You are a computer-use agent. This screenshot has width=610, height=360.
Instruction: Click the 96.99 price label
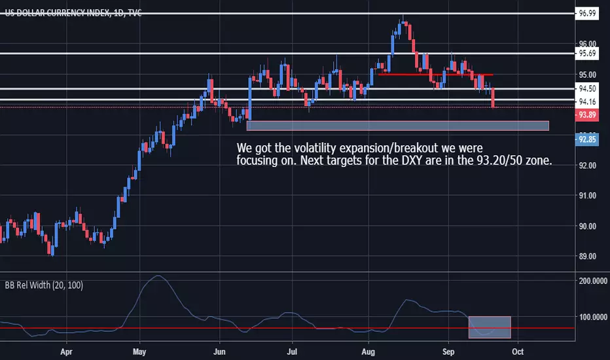tap(587, 14)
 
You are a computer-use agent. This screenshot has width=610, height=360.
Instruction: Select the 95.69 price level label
tap(587, 53)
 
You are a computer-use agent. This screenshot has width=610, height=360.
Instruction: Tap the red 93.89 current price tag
tap(587, 115)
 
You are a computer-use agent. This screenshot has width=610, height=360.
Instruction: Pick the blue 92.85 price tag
tap(587, 139)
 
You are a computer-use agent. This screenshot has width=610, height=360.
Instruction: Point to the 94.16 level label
tap(587, 102)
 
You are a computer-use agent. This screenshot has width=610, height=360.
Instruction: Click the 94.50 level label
tap(587, 89)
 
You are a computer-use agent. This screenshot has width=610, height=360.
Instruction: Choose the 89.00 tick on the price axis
tap(588, 257)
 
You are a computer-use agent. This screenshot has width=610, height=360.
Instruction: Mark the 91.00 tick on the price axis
tap(588, 196)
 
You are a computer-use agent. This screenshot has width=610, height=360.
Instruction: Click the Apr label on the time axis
tap(67, 352)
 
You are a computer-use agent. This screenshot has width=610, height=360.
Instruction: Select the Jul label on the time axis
tap(292, 352)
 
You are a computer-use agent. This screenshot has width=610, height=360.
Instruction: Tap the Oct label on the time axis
tap(518, 352)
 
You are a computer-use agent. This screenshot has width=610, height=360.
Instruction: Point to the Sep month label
tap(448, 352)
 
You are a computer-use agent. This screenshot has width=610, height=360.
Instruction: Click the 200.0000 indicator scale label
tap(593, 281)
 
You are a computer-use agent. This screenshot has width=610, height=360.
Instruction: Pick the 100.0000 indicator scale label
tap(593, 317)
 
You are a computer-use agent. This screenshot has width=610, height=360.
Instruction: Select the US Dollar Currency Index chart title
tap(73, 13)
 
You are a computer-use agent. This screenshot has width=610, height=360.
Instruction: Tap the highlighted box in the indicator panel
tap(490, 327)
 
